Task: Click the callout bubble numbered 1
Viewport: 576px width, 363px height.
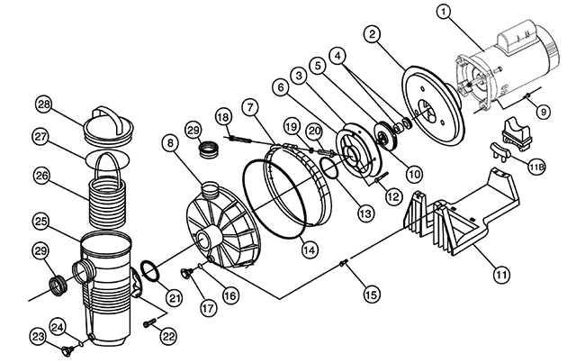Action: pos(444,12)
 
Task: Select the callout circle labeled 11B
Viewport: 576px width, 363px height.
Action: pos(536,168)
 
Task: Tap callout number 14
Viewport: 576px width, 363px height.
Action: pos(310,250)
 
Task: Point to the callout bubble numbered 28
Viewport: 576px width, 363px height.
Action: pos(44,104)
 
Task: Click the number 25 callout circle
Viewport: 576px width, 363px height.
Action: pos(41,222)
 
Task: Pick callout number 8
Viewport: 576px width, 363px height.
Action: pos(170,142)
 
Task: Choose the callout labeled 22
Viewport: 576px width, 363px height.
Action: pos(168,336)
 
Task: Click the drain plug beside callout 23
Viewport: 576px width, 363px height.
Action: pos(67,351)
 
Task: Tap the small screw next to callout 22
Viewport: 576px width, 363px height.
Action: pos(148,323)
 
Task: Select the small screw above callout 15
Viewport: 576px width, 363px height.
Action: pos(345,262)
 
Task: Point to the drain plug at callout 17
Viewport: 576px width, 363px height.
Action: pos(186,273)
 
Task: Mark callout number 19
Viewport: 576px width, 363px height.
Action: pos(292,127)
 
